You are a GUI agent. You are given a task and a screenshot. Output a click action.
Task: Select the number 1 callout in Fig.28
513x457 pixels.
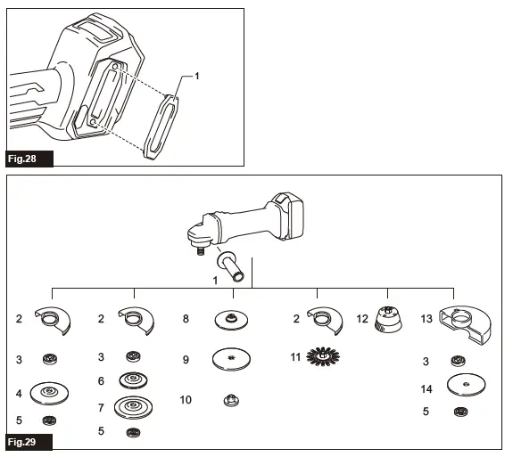coord(196,77)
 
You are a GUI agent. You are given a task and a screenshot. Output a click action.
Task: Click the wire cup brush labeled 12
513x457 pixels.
coord(391,320)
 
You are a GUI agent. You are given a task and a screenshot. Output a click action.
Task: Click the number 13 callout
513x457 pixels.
coord(426,318)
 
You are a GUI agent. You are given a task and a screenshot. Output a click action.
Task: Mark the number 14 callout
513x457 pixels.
coord(426,388)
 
